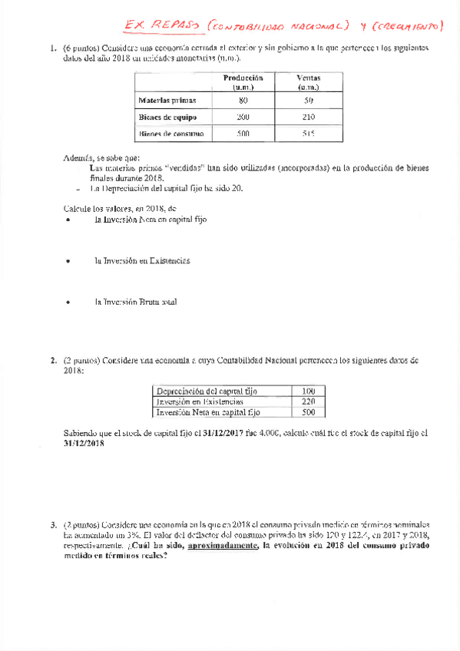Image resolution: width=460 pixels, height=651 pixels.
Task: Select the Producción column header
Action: tap(243, 82)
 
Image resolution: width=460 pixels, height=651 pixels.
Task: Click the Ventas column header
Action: tap(309, 82)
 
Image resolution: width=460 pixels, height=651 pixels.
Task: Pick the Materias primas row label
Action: tap(167, 101)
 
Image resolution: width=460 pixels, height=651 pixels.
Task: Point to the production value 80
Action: tap(243, 101)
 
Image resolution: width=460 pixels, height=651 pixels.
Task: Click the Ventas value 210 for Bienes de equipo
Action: tap(309, 117)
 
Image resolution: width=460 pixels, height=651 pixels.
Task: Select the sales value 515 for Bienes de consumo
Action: tap(309, 134)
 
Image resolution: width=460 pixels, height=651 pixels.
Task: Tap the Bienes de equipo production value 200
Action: tap(243, 117)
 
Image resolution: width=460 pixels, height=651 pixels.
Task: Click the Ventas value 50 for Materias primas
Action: tap(309, 101)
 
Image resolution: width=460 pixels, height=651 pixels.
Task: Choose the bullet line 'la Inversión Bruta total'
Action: tap(135, 302)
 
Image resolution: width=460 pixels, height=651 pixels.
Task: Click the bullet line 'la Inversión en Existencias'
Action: tap(142, 260)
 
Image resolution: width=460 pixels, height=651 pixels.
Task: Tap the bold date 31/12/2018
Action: tap(83, 443)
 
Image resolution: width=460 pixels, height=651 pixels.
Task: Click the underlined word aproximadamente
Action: tap(222, 546)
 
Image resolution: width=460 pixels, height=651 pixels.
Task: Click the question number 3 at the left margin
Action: tap(53, 525)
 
